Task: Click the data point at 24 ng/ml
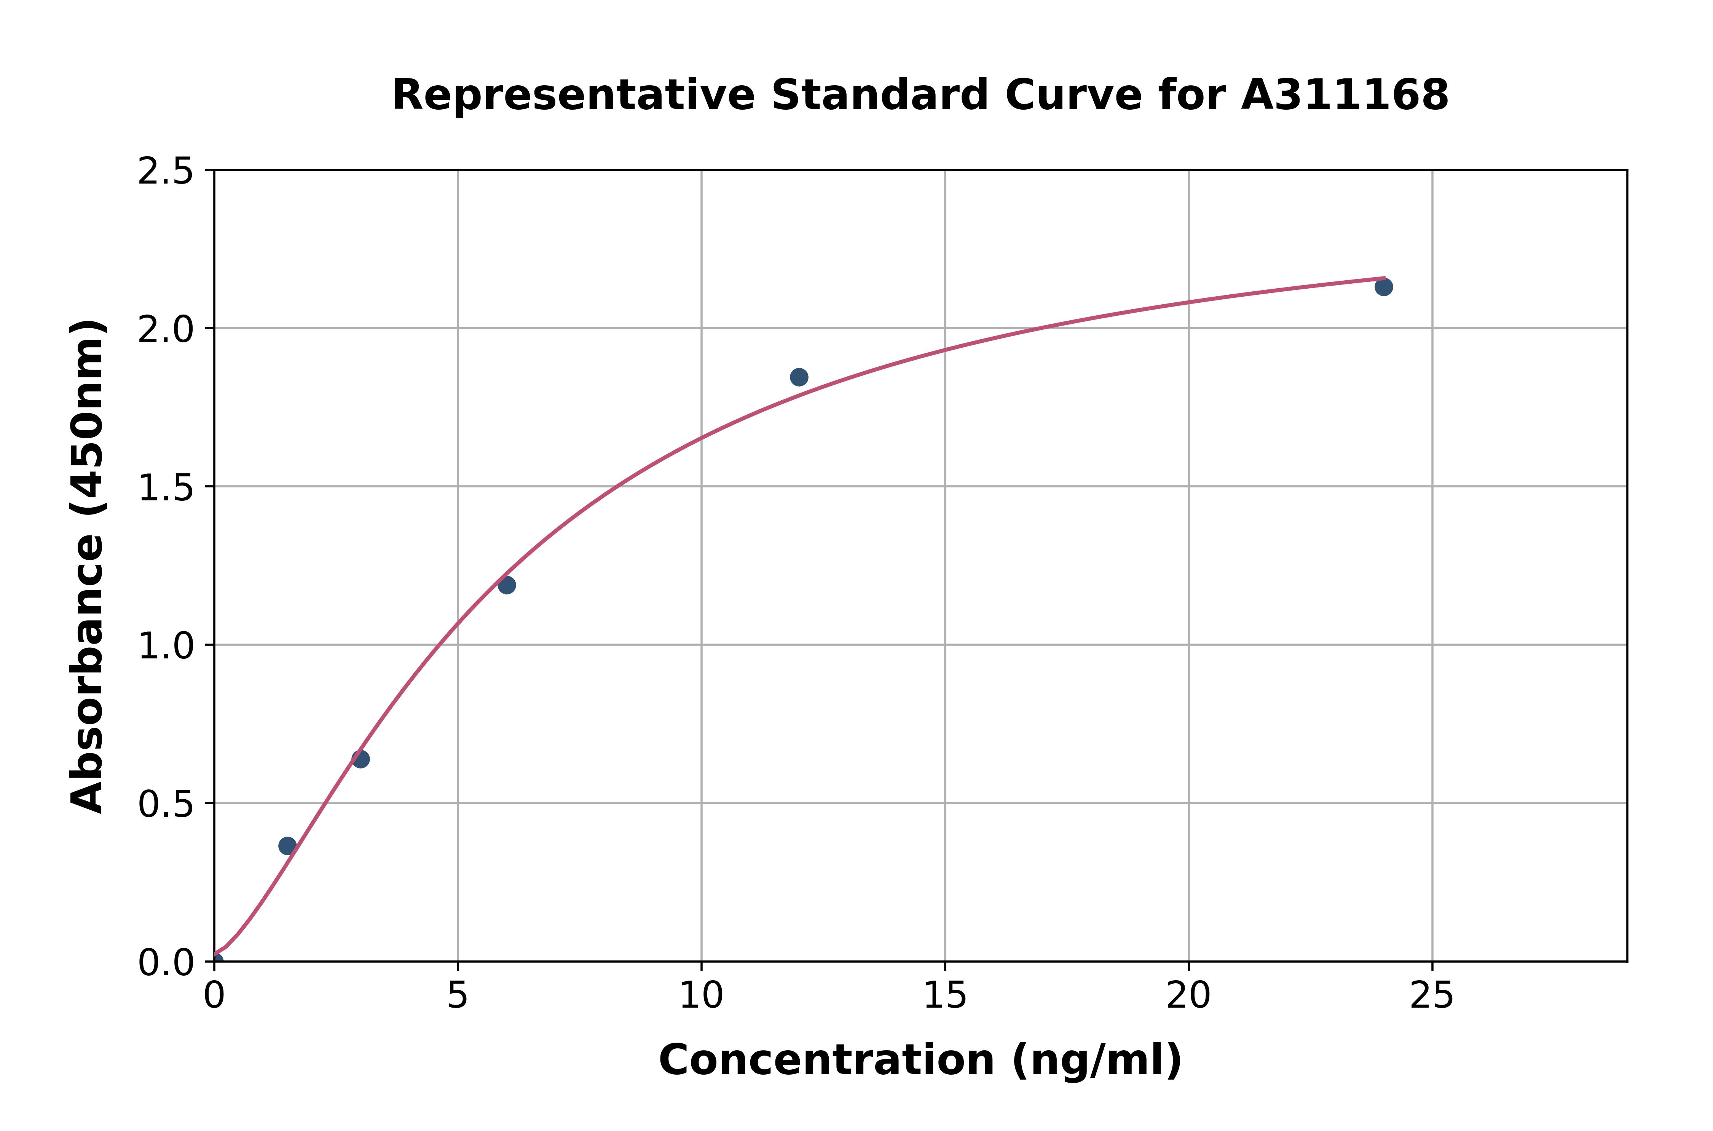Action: click(x=1383, y=287)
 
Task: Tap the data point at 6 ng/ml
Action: click(x=507, y=585)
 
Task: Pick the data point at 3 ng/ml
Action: click(x=360, y=759)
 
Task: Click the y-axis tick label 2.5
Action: click(x=166, y=172)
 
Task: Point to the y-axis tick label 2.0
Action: click(x=166, y=330)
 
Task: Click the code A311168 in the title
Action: click(x=1345, y=95)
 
